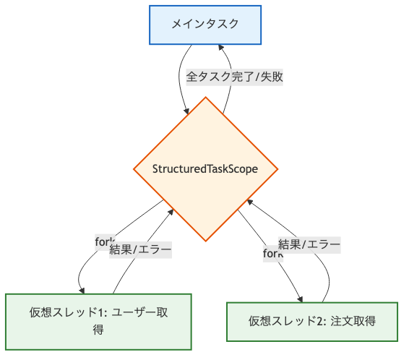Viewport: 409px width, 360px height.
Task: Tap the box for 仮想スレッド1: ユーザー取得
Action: click(98, 322)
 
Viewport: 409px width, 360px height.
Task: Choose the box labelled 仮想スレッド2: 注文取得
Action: click(312, 321)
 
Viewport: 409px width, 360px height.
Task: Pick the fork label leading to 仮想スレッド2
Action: click(272, 252)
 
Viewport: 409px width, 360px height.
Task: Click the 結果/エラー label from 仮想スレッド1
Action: click(141, 250)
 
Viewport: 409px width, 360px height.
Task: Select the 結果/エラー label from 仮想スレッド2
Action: click(309, 244)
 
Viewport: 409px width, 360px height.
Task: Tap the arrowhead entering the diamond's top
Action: click(188, 111)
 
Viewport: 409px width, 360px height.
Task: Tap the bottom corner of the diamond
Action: click(205, 241)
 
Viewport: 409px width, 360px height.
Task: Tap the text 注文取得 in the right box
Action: click(354, 321)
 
